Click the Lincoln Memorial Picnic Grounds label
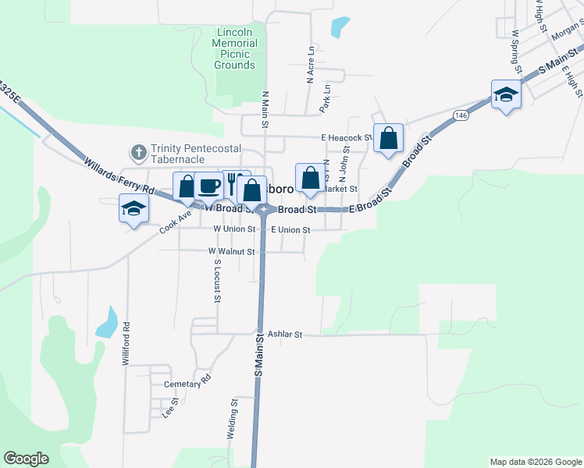click(234, 48)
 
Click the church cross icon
click(138, 151)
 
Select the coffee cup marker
click(208, 186)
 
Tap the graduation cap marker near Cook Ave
click(134, 208)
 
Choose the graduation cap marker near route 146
click(506, 95)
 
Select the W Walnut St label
click(231, 252)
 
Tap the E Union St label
click(290, 230)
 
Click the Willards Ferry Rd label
click(122, 176)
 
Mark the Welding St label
click(233, 420)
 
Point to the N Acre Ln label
click(310, 66)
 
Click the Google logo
click(26, 459)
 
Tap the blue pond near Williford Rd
click(107, 322)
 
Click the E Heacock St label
click(345, 138)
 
